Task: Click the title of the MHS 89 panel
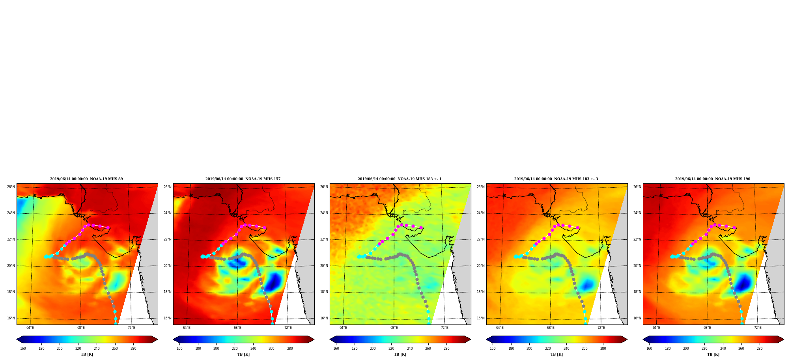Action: pyautogui.click(x=86, y=179)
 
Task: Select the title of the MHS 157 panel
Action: pyautogui.click(x=243, y=179)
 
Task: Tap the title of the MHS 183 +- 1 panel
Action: pyautogui.click(x=400, y=179)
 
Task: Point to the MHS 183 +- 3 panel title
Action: pyautogui.click(x=556, y=179)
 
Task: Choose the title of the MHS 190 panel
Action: pyautogui.click(x=713, y=179)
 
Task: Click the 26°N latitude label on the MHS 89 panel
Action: pyautogui.click(x=11, y=187)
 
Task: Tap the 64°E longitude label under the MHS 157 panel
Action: pyautogui.click(x=187, y=328)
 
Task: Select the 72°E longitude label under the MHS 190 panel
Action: pyautogui.click(x=758, y=328)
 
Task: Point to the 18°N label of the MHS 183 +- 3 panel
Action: pyautogui.click(x=481, y=292)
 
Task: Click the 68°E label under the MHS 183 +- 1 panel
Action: pyautogui.click(x=394, y=328)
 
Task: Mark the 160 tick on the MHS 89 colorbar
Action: pyautogui.click(x=23, y=349)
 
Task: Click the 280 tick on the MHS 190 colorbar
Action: pyautogui.click(x=760, y=349)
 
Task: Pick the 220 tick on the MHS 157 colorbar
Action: pyautogui.click(x=235, y=349)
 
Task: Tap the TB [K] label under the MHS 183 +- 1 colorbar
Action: pyautogui.click(x=400, y=354)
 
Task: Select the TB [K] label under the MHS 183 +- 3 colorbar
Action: pyautogui.click(x=556, y=354)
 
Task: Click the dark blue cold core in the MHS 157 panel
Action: pyautogui.click(x=273, y=282)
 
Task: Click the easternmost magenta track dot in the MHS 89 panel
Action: pyautogui.click(x=108, y=228)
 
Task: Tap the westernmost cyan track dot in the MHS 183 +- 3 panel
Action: pyautogui.click(x=515, y=256)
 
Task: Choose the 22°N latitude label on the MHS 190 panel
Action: pyautogui.click(x=637, y=239)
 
